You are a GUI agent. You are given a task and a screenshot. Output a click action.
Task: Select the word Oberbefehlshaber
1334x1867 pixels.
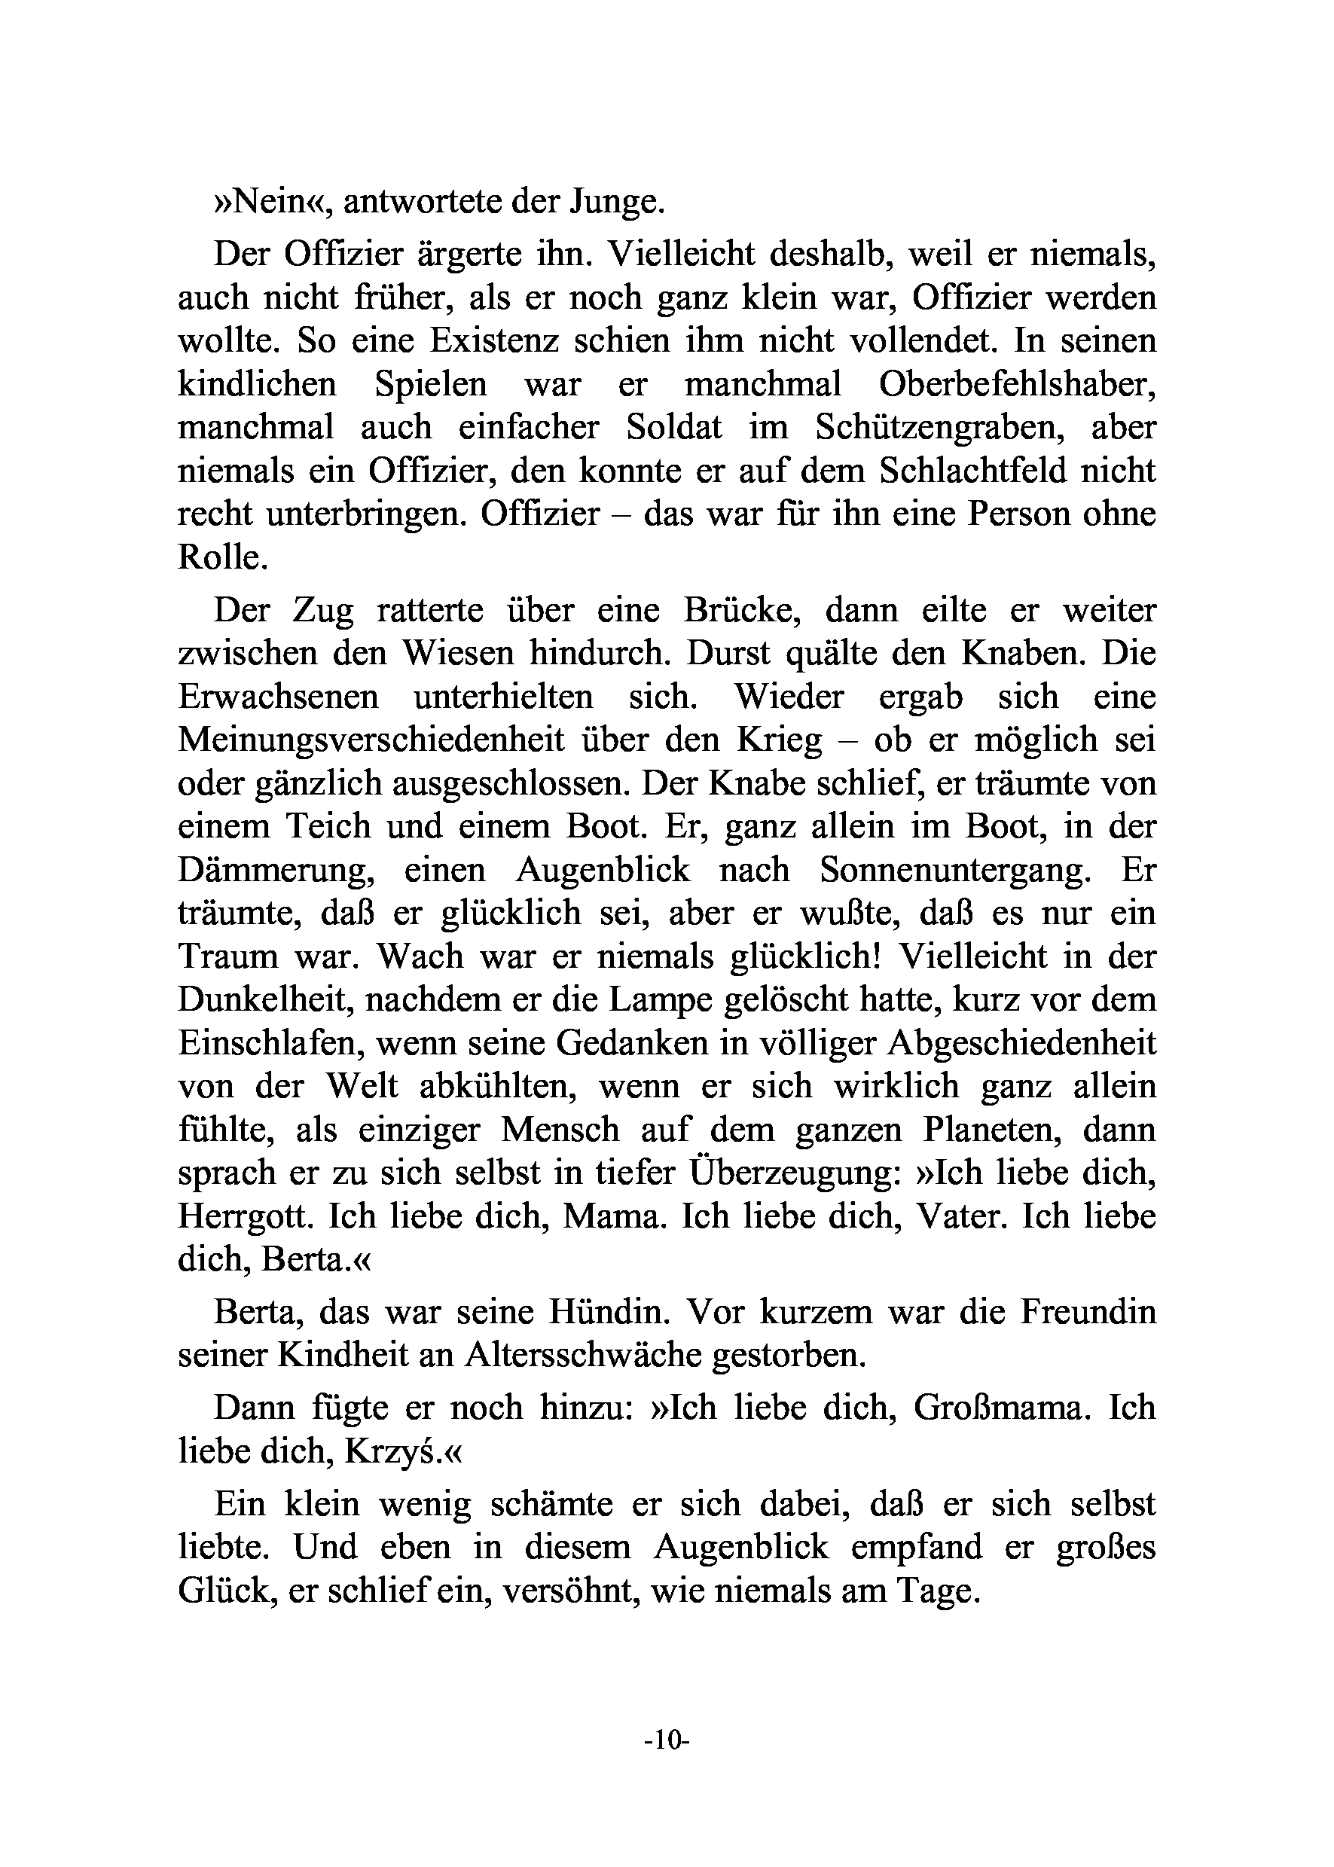[x=1017, y=384]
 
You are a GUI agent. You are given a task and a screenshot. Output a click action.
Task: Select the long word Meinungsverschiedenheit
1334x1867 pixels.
[x=371, y=740]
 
